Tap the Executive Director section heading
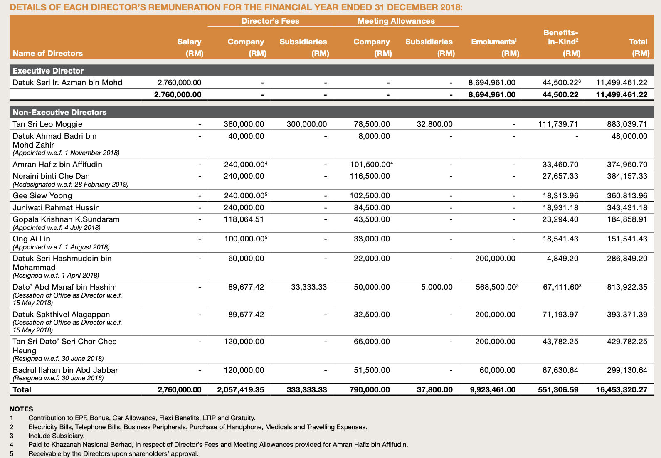(x=48, y=71)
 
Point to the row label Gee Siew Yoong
(x=42, y=196)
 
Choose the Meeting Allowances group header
(x=396, y=21)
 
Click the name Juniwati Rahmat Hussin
(x=56, y=208)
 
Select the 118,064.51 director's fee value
(x=244, y=219)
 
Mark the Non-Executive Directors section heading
(x=60, y=112)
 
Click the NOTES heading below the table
(x=21, y=409)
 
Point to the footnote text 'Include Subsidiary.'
(x=57, y=436)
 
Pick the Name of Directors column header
(x=48, y=53)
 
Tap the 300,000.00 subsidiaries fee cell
(x=307, y=124)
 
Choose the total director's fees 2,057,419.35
(x=240, y=390)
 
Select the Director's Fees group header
(x=270, y=21)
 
